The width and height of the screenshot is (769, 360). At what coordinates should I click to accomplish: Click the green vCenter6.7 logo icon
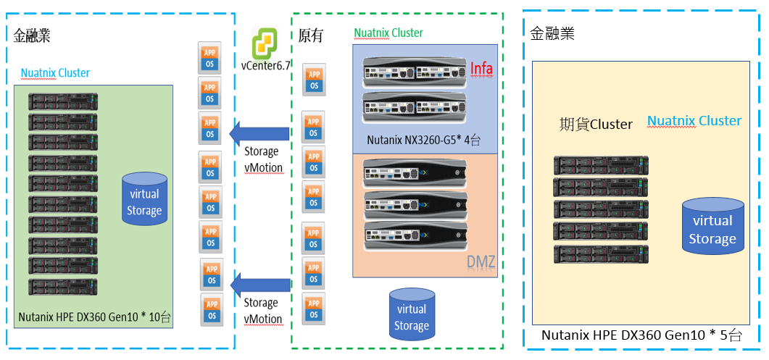coord(265,43)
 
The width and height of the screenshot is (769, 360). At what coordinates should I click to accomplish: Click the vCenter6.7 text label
coord(266,65)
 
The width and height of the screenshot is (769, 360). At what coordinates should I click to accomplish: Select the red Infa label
coord(481,69)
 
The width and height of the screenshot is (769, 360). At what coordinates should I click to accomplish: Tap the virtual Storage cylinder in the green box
coord(144,198)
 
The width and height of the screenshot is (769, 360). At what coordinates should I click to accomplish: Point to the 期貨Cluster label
coord(596,124)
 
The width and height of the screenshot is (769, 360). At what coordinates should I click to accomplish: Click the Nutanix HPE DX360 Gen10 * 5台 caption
coord(641,335)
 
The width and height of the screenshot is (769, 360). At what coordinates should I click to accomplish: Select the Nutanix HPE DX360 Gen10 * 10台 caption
coord(95,317)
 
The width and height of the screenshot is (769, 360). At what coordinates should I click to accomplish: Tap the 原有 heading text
coord(311,35)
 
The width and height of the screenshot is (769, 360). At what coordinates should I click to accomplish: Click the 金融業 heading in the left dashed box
coord(32,35)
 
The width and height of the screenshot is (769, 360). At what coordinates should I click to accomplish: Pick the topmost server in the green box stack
coord(63,100)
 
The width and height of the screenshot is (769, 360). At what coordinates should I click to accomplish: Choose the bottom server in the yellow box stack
coord(601,254)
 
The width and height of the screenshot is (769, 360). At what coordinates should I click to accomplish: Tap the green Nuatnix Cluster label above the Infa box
coord(388,33)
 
